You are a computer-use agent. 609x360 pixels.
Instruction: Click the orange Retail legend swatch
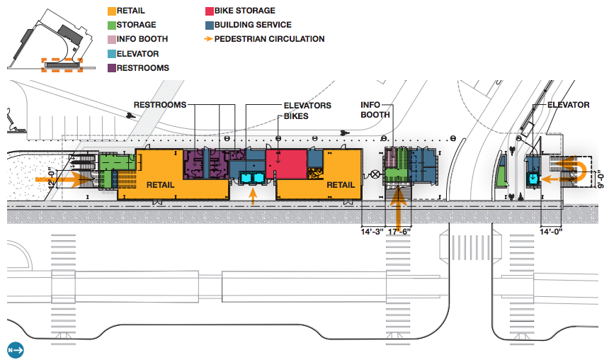112,11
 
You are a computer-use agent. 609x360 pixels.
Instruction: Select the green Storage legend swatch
112,25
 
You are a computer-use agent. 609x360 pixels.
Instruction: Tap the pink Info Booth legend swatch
112,39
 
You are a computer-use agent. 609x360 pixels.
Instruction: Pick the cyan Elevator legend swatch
112,53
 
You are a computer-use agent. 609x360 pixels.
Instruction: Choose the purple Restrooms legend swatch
112,67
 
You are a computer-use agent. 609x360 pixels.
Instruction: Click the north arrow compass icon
16,349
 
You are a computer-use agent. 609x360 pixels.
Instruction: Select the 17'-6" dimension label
399,230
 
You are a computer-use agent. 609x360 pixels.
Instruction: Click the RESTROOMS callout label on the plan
159,105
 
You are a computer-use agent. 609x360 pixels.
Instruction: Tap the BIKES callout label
296,116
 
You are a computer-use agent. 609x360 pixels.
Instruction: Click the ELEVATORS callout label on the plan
307,106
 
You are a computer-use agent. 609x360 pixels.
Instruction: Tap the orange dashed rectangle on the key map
62,64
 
